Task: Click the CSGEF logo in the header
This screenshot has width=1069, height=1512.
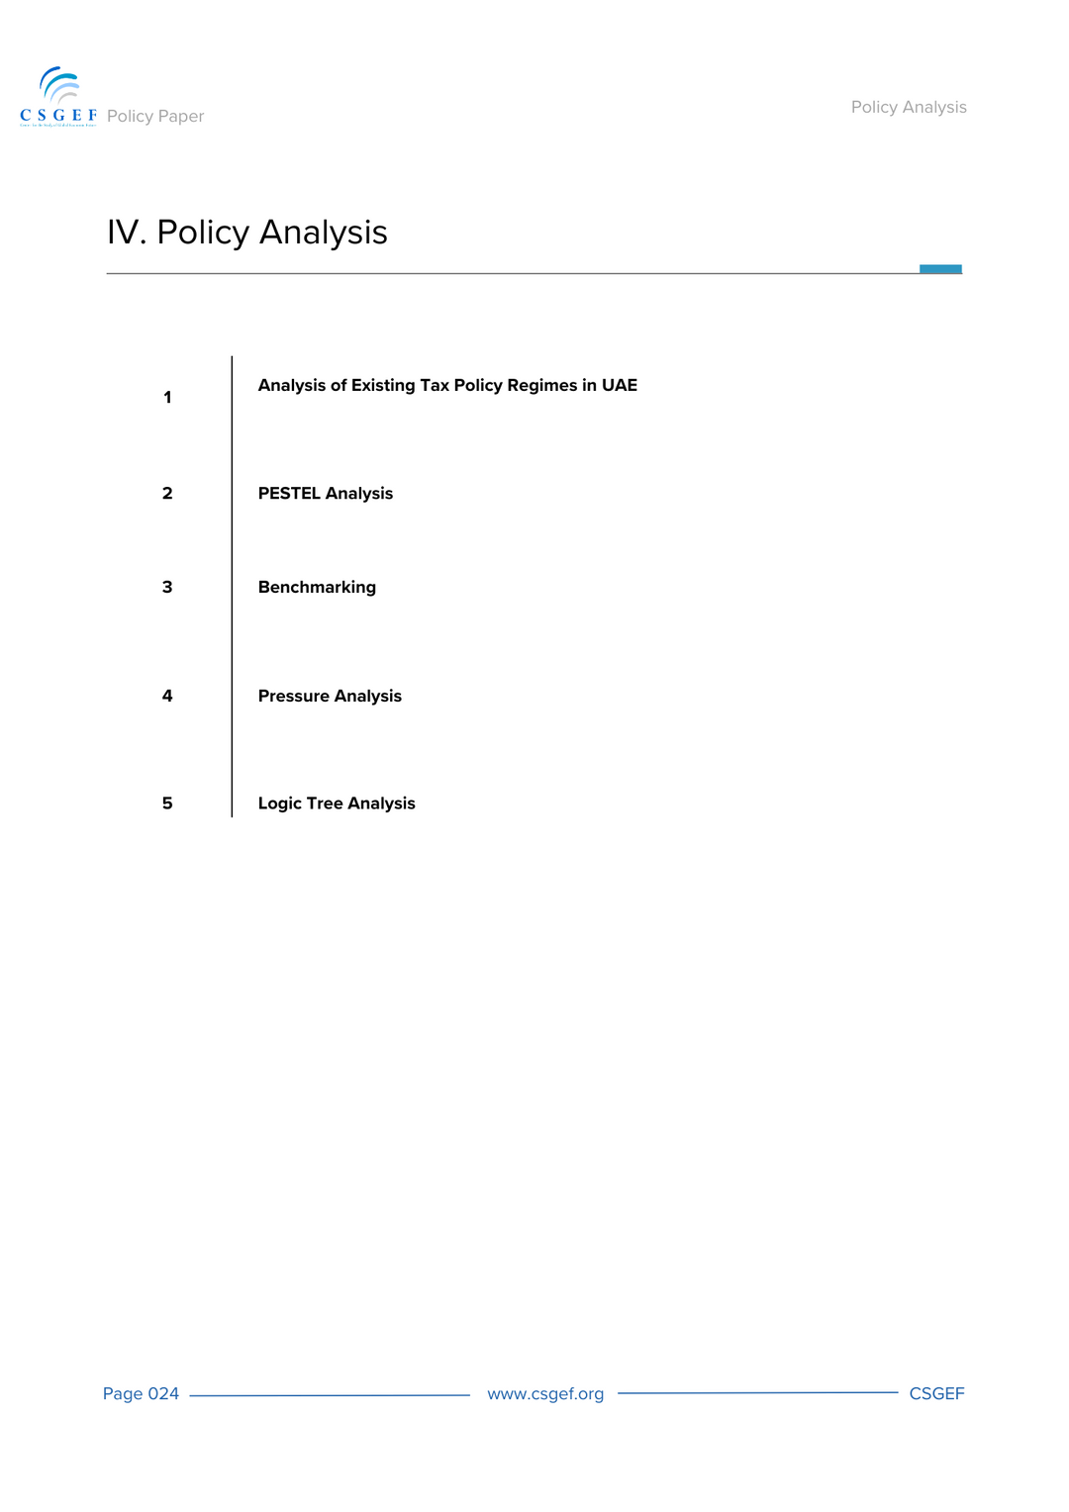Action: tap(58, 97)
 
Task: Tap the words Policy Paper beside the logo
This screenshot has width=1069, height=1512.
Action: tap(155, 116)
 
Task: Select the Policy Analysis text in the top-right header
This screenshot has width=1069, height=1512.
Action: tap(909, 107)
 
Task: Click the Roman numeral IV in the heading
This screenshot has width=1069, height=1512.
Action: tap(126, 233)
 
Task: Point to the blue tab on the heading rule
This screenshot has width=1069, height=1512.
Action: tap(940, 268)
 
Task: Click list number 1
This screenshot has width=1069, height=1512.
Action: tap(167, 398)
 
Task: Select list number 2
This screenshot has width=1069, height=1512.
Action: tap(167, 493)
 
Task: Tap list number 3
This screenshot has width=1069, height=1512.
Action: tap(167, 587)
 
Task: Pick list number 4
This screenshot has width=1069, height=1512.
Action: tap(167, 696)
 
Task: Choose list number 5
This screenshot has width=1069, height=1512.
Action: tap(167, 803)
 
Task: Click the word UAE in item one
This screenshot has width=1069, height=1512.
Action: tap(620, 385)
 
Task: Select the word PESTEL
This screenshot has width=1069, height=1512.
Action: tap(289, 493)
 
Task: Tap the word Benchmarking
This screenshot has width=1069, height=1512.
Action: tap(317, 587)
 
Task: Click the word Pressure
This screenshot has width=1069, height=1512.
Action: tap(294, 696)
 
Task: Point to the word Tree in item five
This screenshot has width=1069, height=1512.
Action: tap(325, 803)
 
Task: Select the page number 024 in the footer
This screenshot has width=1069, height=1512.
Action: tap(163, 1393)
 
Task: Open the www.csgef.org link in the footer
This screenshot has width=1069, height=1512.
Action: tap(545, 1393)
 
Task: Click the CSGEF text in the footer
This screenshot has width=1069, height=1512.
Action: tap(936, 1393)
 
